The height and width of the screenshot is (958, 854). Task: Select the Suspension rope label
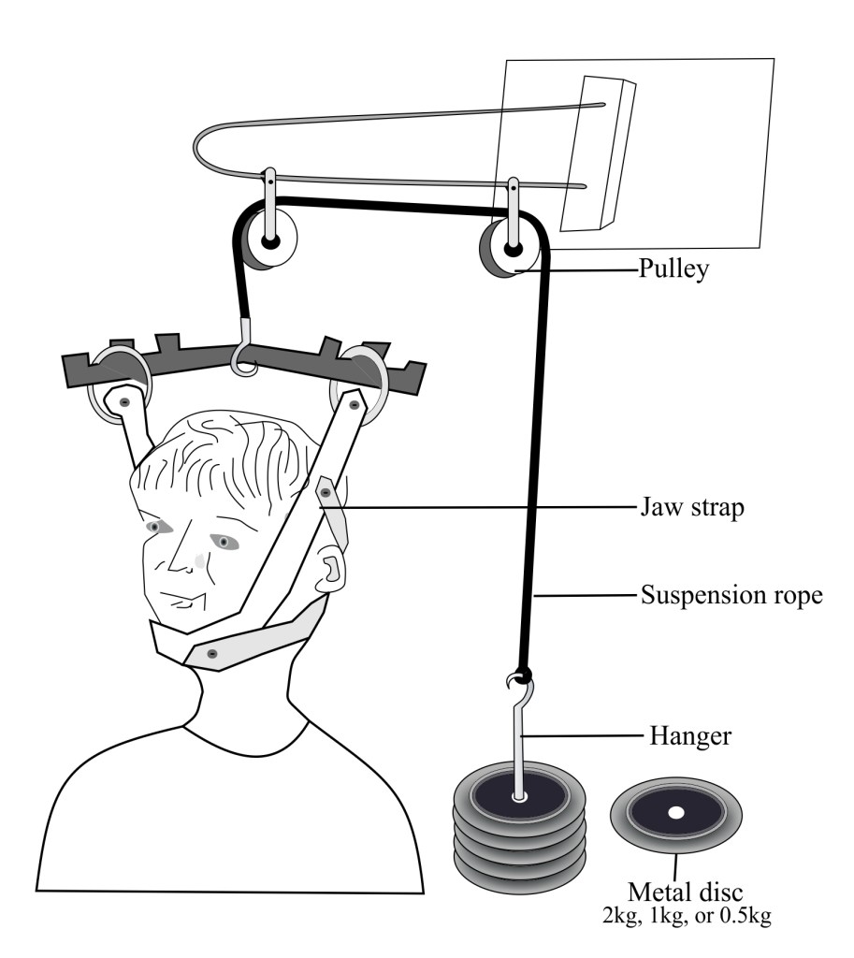(x=731, y=595)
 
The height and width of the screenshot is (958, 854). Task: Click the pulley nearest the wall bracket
(x=510, y=248)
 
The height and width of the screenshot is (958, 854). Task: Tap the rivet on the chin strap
(x=212, y=652)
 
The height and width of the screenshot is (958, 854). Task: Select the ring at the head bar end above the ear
(x=364, y=380)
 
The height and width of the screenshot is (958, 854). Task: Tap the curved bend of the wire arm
(x=204, y=150)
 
